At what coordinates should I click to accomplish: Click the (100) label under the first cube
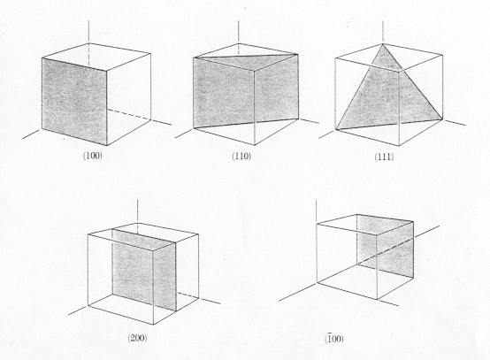pyautogui.click(x=93, y=156)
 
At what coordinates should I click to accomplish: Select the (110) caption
pyautogui.click(x=241, y=156)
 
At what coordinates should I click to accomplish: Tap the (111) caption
pyautogui.click(x=384, y=157)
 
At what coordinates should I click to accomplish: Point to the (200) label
pyautogui.click(x=137, y=338)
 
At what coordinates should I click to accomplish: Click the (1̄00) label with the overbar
pyautogui.click(x=333, y=339)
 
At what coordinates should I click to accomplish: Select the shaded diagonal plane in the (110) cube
pyautogui.click(x=246, y=91)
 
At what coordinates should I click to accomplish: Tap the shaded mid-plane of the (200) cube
pyautogui.click(x=144, y=270)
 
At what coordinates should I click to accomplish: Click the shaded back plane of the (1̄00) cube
pyautogui.click(x=386, y=246)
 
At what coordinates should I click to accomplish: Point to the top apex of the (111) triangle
pyautogui.click(x=383, y=44)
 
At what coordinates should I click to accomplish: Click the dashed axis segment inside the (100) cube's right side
pyautogui.click(x=129, y=115)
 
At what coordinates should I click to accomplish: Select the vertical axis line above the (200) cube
pyautogui.click(x=138, y=211)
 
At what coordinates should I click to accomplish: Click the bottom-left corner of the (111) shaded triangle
pyautogui.click(x=336, y=129)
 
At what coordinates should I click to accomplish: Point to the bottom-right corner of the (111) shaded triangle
pyautogui.click(x=442, y=119)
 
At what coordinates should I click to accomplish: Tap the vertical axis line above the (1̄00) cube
pyautogui.click(x=317, y=211)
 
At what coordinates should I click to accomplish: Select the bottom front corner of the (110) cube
pyautogui.click(x=255, y=145)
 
